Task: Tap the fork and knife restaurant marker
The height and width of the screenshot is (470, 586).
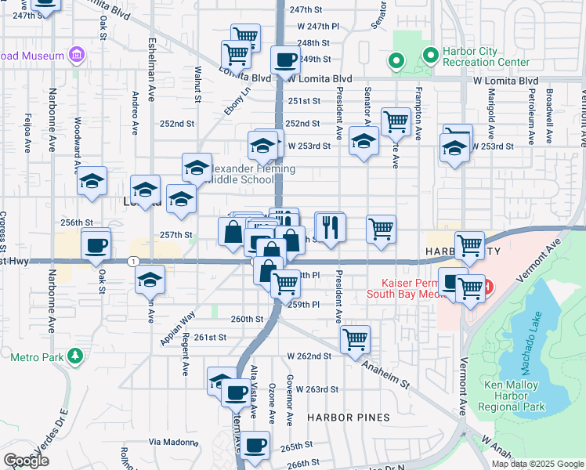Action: [x=330, y=227]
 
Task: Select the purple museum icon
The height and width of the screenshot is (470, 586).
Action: [x=77, y=55]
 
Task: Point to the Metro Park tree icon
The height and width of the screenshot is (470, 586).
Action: [x=75, y=357]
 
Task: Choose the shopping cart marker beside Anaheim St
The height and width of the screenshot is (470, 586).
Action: [x=355, y=339]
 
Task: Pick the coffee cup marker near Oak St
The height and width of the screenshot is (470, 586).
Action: [x=96, y=245]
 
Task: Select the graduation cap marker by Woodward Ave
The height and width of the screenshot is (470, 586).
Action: [x=92, y=181]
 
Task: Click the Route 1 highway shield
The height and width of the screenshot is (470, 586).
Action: [x=135, y=261]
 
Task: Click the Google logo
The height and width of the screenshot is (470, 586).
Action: [x=27, y=461]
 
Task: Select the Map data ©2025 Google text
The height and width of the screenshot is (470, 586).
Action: [x=537, y=464]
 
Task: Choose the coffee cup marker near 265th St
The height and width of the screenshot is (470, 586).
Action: [x=254, y=446]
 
